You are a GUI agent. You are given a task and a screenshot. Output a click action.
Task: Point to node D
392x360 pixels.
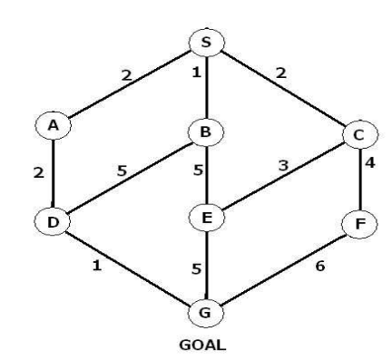click(x=54, y=220)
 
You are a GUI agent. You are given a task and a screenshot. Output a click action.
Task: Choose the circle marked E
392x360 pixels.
click(x=206, y=219)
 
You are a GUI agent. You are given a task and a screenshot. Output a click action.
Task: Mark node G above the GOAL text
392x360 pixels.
click(x=206, y=313)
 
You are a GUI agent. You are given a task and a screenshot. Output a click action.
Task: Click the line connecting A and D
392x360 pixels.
click(x=54, y=173)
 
